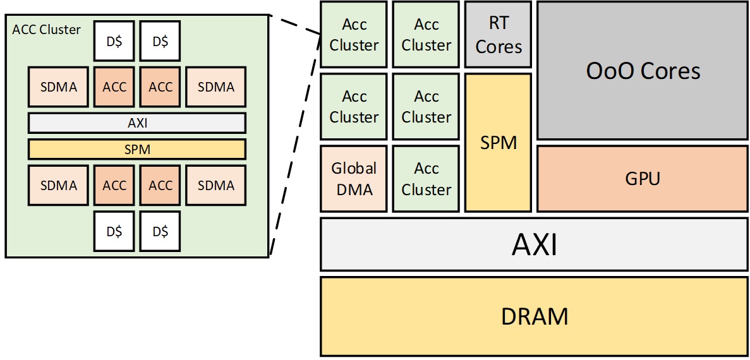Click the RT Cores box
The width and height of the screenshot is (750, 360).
point(499,35)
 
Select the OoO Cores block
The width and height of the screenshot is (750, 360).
point(643,70)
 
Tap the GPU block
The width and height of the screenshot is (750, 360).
point(643,179)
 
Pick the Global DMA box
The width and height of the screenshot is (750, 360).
point(354,179)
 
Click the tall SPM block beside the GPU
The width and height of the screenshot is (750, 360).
point(499,143)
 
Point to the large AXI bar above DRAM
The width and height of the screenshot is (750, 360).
point(534,244)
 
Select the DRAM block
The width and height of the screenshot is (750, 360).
point(534,316)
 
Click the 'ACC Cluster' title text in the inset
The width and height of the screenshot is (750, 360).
point(47,30)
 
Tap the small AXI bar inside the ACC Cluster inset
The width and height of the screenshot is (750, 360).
point(137,123)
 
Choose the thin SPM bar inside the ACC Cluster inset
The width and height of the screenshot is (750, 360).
point(137,149)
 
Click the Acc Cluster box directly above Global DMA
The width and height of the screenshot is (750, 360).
point(354,107)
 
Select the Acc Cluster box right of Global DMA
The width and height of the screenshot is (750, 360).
point(426,179)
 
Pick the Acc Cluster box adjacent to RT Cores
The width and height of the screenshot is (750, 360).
point(426,35)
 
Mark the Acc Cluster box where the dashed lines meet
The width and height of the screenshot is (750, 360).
point(354,35)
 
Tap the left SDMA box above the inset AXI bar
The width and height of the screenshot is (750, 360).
point(59,87)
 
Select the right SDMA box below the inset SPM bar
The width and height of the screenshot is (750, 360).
point(216,186)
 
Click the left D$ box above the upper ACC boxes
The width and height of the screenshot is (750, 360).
point(114,42)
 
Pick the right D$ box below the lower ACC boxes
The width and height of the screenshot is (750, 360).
point(160,231)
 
